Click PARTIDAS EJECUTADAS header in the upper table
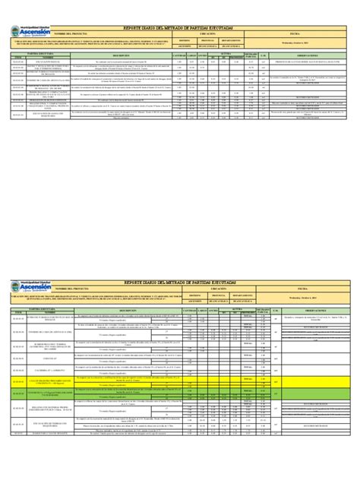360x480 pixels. (36, 52)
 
